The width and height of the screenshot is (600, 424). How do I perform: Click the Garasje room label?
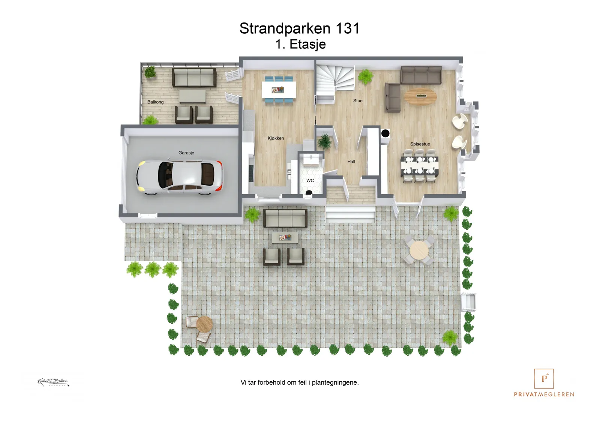coord(186,153)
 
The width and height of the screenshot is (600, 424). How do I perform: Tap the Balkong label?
coord(155,102)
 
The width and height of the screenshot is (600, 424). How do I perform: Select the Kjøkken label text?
coord(276,138)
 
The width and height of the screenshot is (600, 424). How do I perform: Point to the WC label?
coord(310,181)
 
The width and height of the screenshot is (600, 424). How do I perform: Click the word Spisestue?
coord(420,144)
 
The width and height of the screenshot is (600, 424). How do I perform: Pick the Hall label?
coord(351,162)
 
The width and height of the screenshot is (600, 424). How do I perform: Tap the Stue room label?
coord(358,101)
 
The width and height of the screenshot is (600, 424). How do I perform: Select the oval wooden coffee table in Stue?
coord(420,96)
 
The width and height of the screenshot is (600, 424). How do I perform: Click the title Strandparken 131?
coord(299,28)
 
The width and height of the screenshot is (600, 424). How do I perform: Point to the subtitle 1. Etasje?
coord(300,44)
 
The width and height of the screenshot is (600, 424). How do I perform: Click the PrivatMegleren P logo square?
coord(544,379)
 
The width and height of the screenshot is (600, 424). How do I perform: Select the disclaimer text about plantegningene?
coord(300,382)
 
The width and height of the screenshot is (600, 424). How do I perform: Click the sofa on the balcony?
coord(194,78)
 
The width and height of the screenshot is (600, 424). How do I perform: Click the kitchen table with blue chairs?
coord(279,90)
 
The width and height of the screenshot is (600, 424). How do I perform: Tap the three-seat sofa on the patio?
coord(285,218)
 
